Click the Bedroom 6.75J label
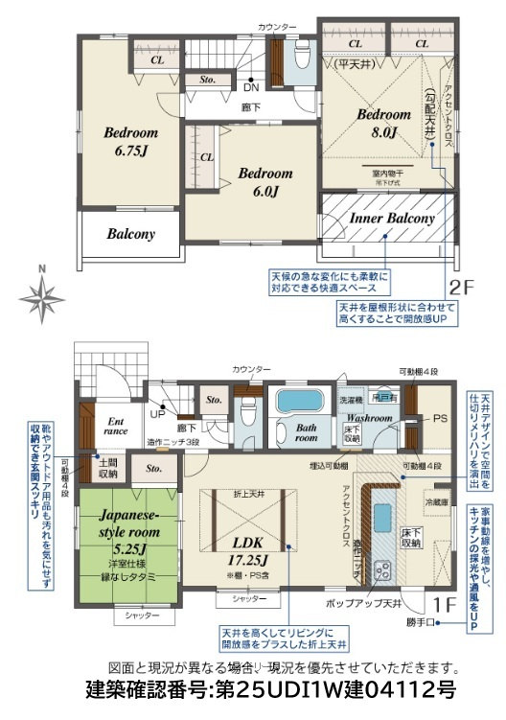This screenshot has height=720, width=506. pyautogui.click(x=131, y=141)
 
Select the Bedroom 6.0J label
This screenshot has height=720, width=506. pyautogui.click(x=265, y=182)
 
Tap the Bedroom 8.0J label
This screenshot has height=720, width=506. pyautogui.click(x=384, y=123)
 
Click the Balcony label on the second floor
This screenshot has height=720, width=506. pyautogui.click(x=130, y=233)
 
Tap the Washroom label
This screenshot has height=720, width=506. pyautogui.click(x=369, y=418)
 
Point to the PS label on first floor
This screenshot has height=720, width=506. pyautogui.click(x=441, y=418)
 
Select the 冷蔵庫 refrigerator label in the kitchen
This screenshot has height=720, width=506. pyautogui.click(x=436, y=501)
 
